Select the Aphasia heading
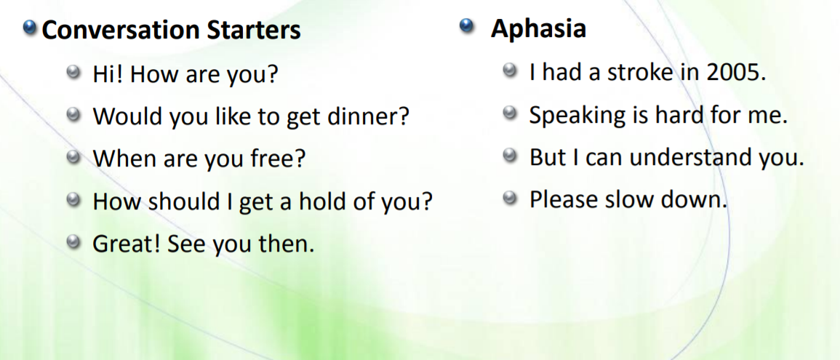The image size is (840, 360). [x=538, y=30]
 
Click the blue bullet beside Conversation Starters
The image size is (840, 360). [x=30, y=30]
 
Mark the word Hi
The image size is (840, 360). [x=108, y=74]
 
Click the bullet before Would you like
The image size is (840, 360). [x=73, y=115]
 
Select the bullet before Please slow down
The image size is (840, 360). [x=510, y=199]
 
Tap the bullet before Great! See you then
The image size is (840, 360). [x=73, y=243]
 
